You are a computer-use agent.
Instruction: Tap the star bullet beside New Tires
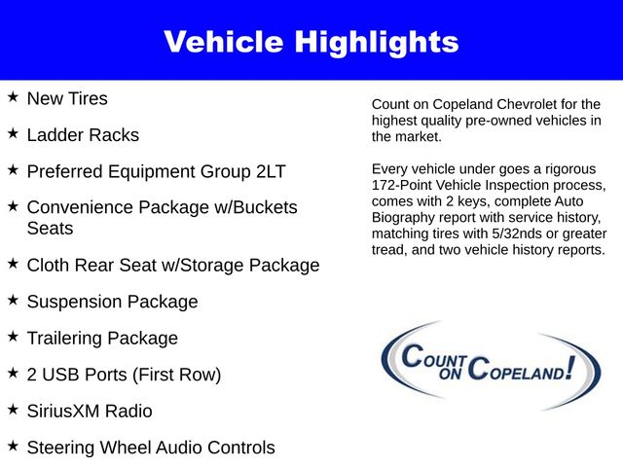click(13, 97)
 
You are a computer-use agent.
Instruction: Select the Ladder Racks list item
click(83, 134)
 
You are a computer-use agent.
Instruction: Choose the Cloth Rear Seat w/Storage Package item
click(172, 265)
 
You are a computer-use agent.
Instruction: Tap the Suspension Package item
click(112, 302)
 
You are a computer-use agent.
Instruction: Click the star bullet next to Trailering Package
click(13, 337)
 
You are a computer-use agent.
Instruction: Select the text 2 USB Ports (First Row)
click(124, 375)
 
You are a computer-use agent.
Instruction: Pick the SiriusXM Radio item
click(90, 412)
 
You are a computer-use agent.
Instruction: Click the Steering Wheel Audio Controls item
click(151, 448)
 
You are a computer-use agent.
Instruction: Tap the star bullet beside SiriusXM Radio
click(13, 411)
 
